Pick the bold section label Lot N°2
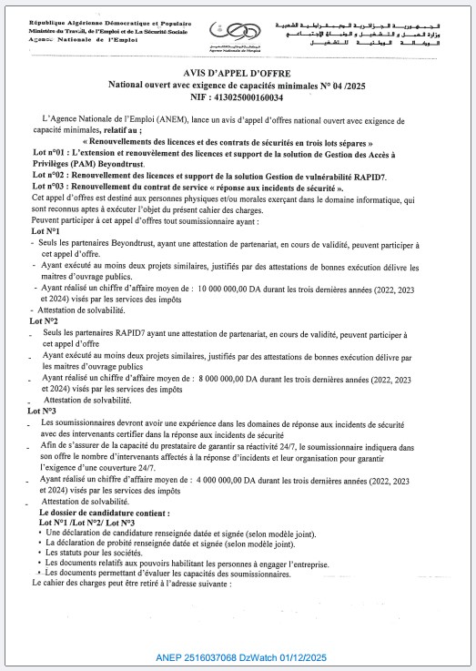click(x=44, y=321)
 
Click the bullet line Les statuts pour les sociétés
click(x=103, y=554)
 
